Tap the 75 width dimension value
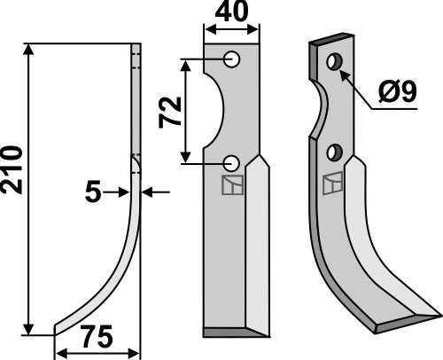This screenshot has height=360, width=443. click(97, 338)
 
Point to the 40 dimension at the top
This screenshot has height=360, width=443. click(231, 13)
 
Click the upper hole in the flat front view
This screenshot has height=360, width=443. click(232, 59)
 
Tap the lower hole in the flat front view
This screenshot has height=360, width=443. click(232, 162)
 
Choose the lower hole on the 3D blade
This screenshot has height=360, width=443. click(334, 153)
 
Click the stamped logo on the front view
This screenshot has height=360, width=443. click(230, 185)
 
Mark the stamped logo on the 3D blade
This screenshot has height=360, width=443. click(331, 184)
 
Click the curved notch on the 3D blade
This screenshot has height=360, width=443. click(318, 111)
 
